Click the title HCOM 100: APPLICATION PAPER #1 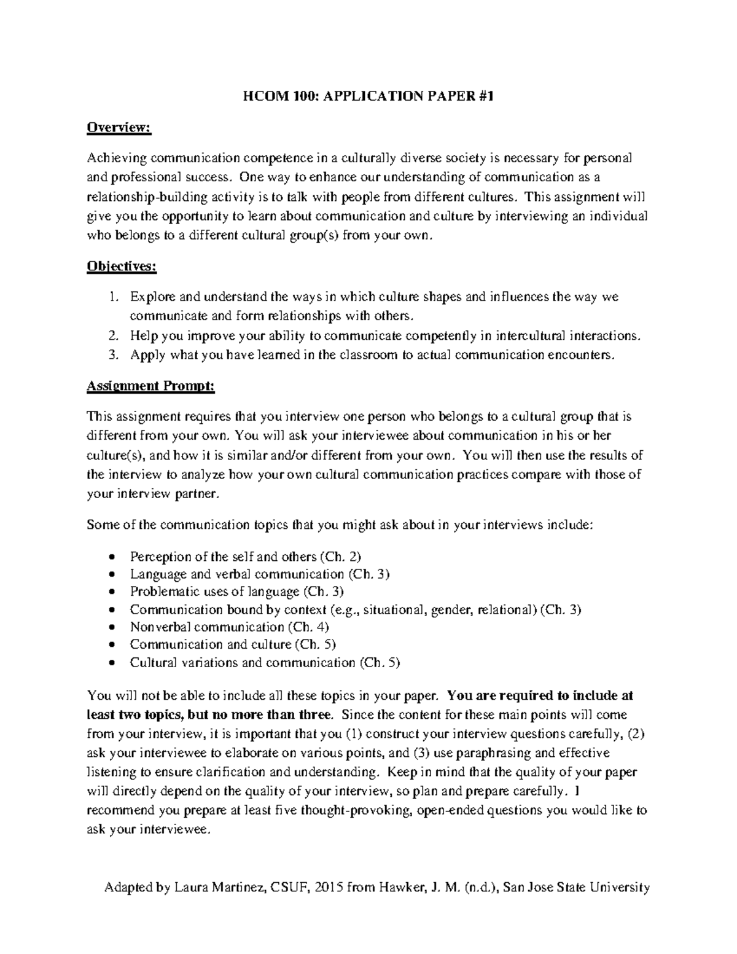click(x=368, y=96)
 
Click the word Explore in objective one click(x=152, y=297)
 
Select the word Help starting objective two click(x=142, y=336)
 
